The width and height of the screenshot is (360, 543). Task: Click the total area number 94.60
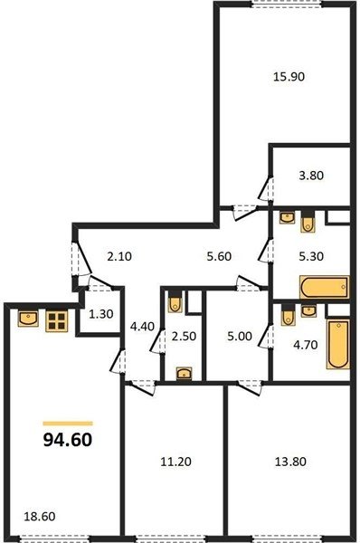click(x=68, y=440)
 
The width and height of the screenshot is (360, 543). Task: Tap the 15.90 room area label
click(x=289, y=77)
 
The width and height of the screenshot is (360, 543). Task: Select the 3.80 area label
click(x=311, y=176)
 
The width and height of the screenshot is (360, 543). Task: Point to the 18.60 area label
click(x=40, y=517)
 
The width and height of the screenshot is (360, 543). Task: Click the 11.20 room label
click(x=175, y=462)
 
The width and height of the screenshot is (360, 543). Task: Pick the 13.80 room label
click(x=290, y=462)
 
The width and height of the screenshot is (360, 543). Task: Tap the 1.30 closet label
click(x=101, y=314)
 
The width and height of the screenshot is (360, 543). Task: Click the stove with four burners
click(x=56, y=321)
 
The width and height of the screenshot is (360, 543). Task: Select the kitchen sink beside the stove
click(x=28, y=319)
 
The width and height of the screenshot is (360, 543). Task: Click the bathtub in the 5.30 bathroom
click(x=325, y=287)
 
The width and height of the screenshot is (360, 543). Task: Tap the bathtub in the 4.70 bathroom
click(x=338, y=344)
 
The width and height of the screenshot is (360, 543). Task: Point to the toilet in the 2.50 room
click(x=175, y=302)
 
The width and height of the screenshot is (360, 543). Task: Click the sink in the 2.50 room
click(x=185, y=374)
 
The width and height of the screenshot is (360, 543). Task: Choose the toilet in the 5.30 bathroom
click(x=308, y=222)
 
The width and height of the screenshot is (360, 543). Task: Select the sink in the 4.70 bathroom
click(x=308, y=310)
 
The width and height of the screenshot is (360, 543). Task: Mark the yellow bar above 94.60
click(x=68, y=424)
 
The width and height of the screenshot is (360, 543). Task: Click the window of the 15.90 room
click(x=286, y=4)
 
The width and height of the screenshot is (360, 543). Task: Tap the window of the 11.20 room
click(x=171, y=539)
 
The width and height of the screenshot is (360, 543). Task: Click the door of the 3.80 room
click(x=267, y=189)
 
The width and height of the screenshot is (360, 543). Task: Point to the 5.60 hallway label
click(x=219, y=257)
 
